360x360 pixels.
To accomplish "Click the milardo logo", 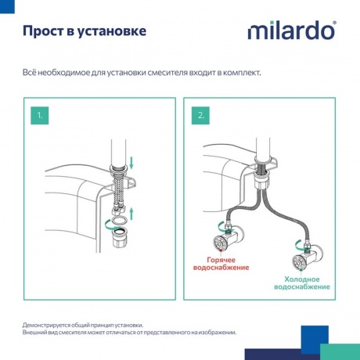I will (x=292, y=32).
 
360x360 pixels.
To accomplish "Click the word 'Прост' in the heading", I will (x=43, y=32).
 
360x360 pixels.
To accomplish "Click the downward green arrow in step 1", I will (x=131, y=164).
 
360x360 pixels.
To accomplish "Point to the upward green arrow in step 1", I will (x=131, y=213).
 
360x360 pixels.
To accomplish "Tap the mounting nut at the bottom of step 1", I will (x=119, y=240).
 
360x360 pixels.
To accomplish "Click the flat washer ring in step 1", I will (x=119, y=223).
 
